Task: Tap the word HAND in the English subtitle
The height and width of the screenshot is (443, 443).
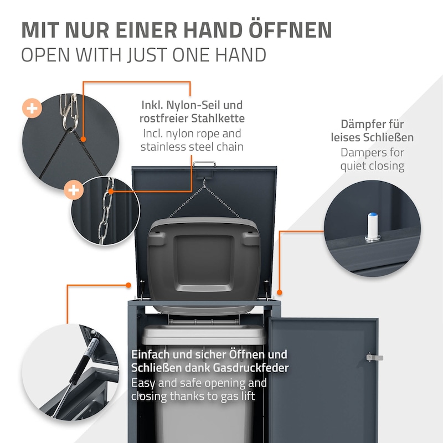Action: (x=240, y=54)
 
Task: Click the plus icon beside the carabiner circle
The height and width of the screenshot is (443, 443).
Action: (x=32, y=108)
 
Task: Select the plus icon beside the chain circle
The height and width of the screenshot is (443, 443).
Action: (x=74, y=190)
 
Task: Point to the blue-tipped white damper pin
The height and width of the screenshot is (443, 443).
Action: (x=372, y=226)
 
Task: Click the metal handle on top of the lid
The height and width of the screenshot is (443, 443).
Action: (x=204, y=164)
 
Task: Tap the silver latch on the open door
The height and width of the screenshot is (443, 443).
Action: (x=374, y=357)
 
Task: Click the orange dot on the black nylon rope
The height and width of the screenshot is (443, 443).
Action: (x=83, y=139)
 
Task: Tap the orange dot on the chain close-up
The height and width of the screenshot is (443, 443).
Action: (x=111, y=192)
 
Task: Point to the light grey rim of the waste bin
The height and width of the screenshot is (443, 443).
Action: (x=203, y=334)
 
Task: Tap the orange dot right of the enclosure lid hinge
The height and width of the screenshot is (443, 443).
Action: (x=279, y=292)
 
